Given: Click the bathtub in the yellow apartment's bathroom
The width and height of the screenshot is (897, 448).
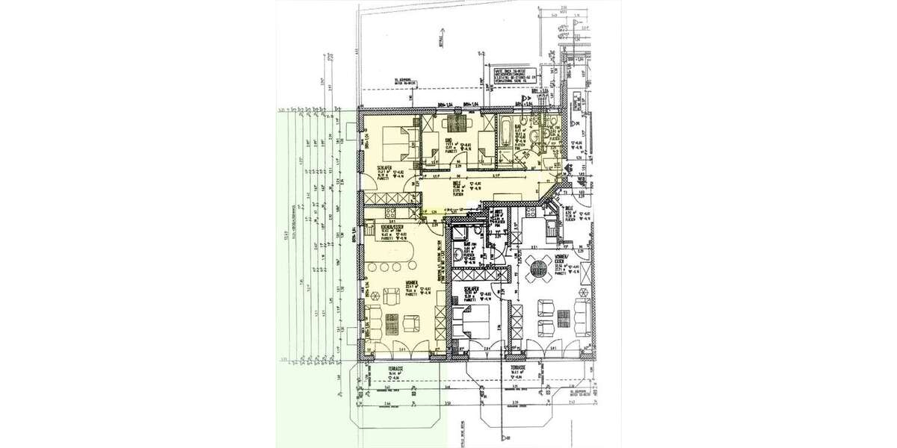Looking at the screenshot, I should pos(506,136).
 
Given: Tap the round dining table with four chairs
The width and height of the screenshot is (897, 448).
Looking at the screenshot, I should pos(539,267).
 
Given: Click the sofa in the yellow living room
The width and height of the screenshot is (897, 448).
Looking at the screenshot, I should pos(372,322).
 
